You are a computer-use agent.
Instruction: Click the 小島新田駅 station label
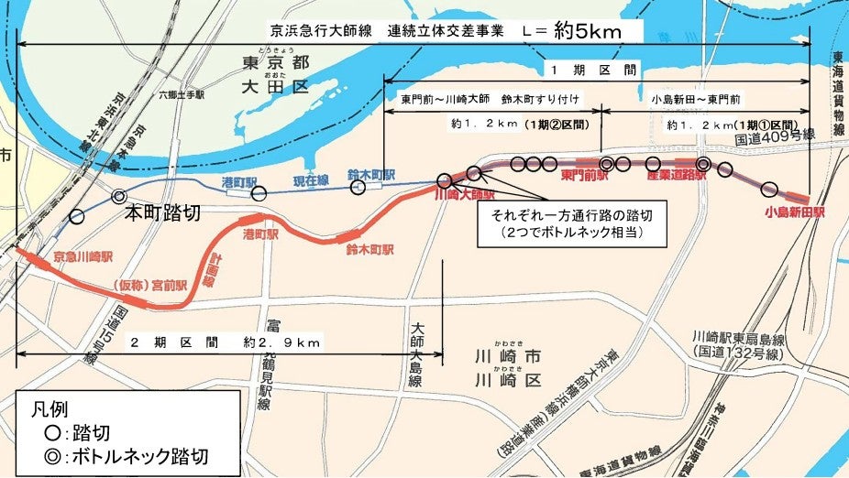pyautogui.click(x=795, y=213)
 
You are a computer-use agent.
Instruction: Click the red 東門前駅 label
pyautogui.click(x=585, y=175)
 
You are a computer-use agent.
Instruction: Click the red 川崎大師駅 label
pyautogui.click(x=464, y=195)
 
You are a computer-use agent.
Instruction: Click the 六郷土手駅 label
pyautogui.click(x=180, y=93)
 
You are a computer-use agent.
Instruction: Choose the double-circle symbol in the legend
pyautogui.click(x=36, y=454)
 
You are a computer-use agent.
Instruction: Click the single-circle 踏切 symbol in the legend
pyautogui.click(x=36, y=430)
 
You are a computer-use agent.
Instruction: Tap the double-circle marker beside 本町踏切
pyautogui.click(x=118, y=195)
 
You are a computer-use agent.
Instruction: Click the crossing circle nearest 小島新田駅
pyautogui.click(x=769, y=190)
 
